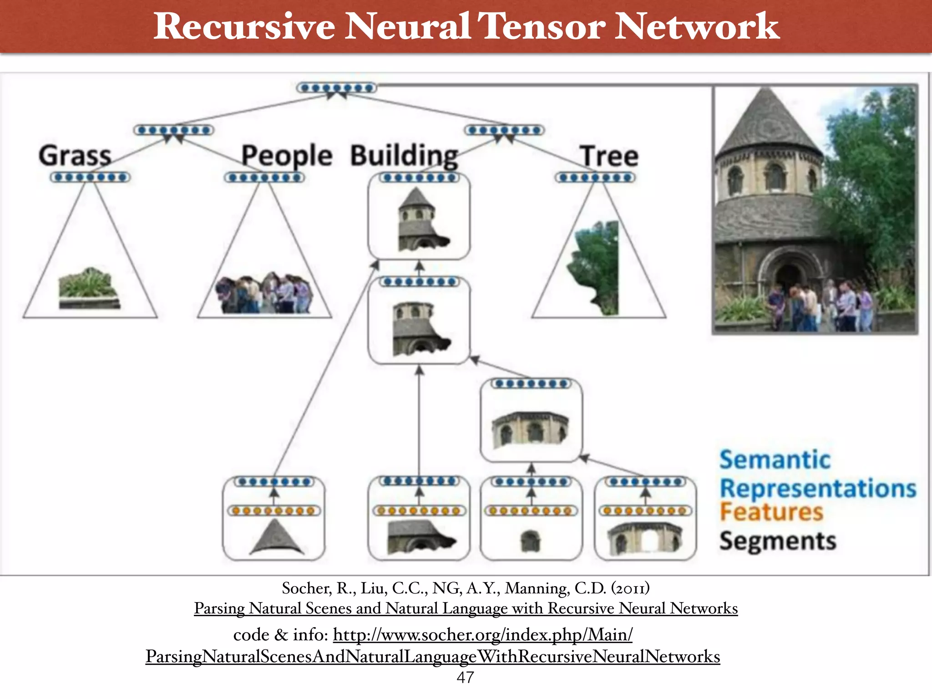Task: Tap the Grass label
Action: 75,156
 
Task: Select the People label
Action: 287,156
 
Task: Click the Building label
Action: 404,156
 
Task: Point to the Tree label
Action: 609,156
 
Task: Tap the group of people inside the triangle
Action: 264,294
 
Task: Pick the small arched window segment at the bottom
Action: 530,541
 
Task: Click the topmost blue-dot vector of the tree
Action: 337,88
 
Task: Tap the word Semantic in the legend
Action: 775,460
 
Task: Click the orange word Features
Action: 771,512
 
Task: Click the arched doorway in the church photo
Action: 788,278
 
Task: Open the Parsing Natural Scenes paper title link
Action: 466,608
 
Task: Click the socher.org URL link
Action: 482,635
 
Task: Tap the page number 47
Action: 465,677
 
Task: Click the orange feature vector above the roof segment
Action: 274,511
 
